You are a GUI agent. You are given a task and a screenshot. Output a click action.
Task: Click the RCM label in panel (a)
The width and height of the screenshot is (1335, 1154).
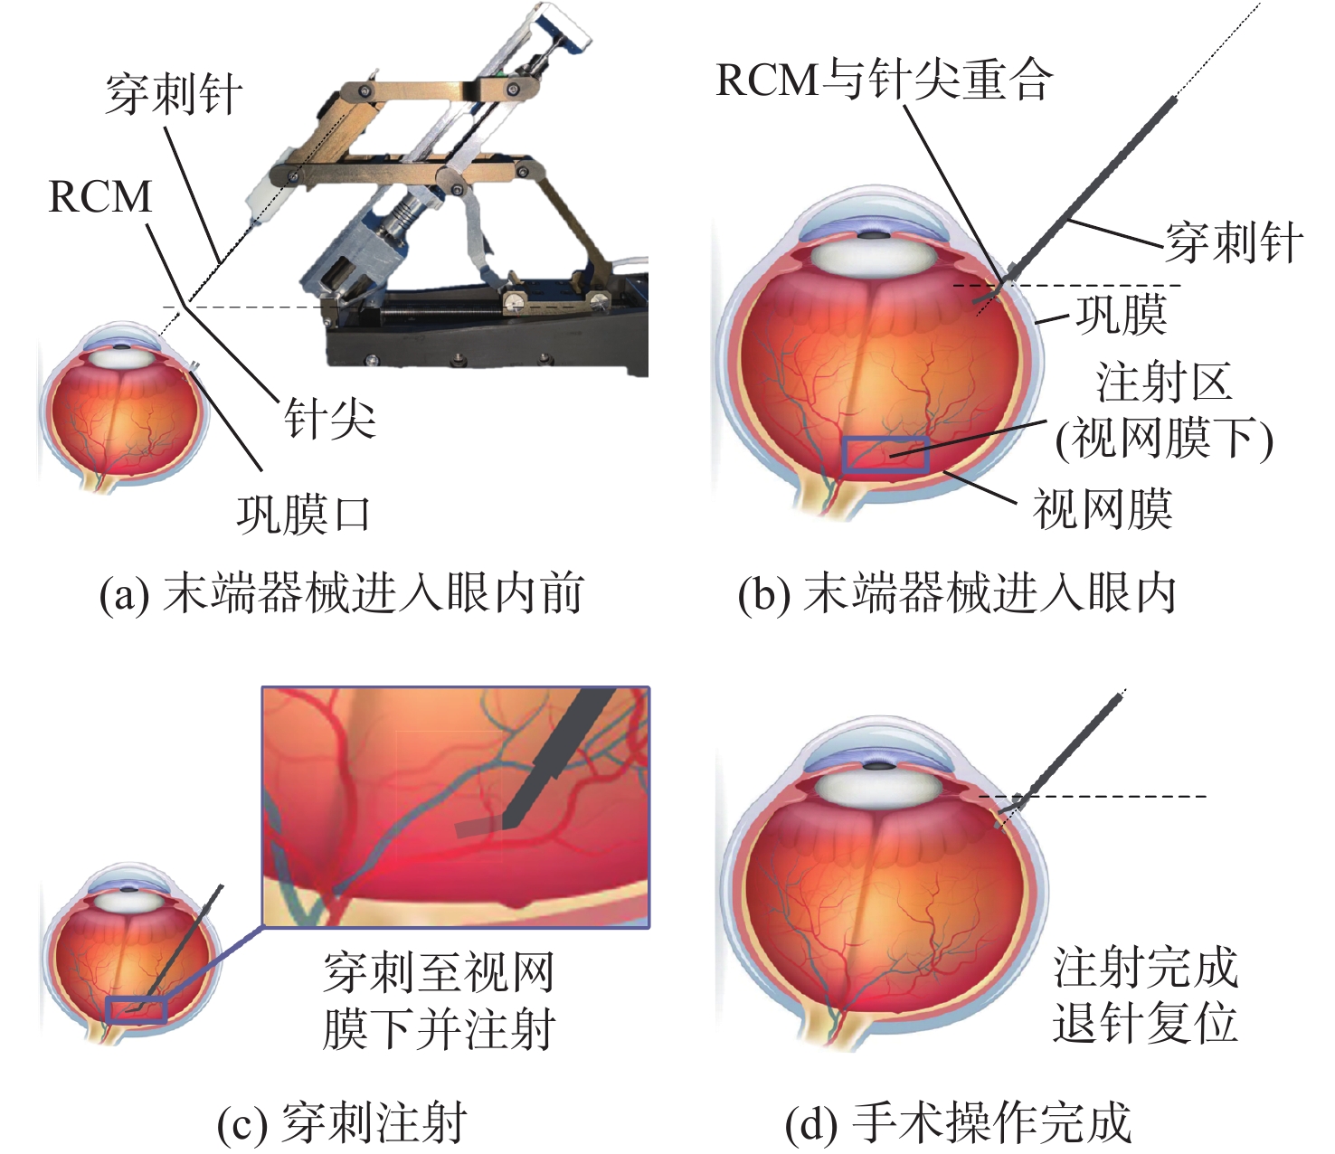pos(100,196)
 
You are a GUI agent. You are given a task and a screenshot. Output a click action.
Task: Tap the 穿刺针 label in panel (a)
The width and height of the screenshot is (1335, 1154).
pos(174,94)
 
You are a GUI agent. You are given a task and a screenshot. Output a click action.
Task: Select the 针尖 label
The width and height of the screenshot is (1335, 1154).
pos(330,419)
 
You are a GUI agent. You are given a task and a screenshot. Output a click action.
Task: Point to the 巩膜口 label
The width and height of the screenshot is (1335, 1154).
pos(303,515)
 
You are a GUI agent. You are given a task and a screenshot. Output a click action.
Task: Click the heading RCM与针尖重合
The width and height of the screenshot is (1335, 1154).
pos(885,80)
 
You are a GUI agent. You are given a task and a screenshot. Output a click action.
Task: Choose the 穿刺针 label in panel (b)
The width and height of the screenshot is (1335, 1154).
pos(1234,242)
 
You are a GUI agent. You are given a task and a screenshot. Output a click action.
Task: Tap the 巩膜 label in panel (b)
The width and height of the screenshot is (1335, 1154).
pos(1122,315)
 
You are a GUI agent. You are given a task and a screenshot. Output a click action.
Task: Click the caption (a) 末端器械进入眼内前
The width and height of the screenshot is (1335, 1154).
pos(342,592)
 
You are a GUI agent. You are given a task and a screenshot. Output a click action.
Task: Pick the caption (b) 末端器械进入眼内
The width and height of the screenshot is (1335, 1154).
pos(957,592)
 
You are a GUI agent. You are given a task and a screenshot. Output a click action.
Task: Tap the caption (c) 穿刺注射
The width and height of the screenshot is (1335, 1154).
pos(342,1122)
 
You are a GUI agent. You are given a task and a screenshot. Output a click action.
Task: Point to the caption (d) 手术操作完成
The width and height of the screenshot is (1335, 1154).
pos(959,1122)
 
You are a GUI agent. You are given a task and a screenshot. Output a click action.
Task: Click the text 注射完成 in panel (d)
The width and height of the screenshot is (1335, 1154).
pos(1145,966)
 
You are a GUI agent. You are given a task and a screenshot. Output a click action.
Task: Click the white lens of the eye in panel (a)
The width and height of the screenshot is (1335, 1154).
pos(123,357)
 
